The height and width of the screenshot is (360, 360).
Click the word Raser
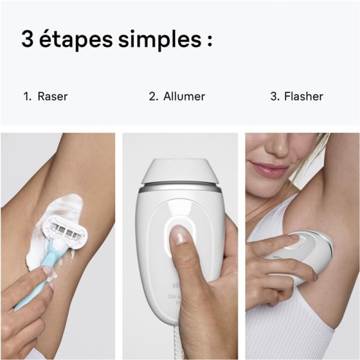click(53, 96)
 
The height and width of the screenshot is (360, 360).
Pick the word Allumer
click(184, 96)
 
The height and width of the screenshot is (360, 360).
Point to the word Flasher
click(303, 96)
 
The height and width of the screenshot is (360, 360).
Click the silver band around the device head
click(180, 188)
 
